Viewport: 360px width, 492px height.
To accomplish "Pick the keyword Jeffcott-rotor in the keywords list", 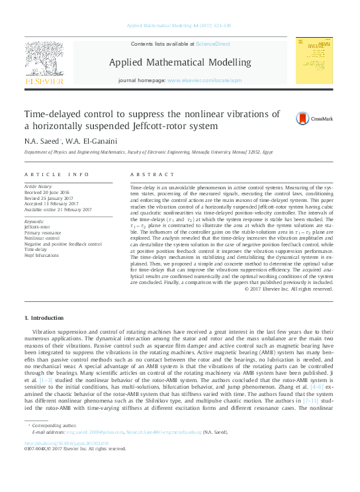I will tap(37, 226).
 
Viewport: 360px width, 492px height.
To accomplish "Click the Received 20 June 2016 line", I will tap(47, 192).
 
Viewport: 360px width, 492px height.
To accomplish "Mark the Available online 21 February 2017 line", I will tap(58, 209).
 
